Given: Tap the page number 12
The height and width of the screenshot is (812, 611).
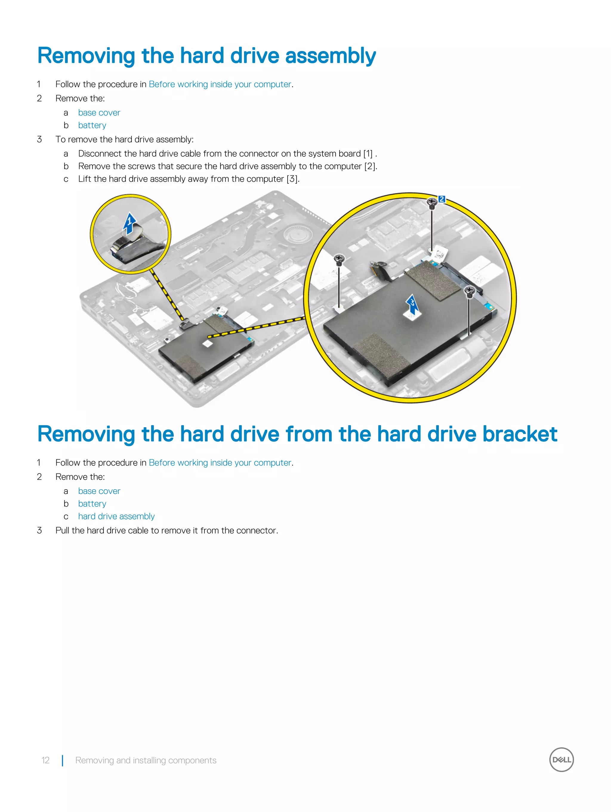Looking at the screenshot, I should pos(45,760).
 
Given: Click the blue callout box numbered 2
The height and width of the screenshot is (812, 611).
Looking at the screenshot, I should pos(442,199).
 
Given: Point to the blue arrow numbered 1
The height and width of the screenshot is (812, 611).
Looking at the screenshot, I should pos(129,223).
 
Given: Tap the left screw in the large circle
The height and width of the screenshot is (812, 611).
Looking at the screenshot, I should pos(339,260).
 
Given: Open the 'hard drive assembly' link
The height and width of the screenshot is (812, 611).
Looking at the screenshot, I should pos(116,516).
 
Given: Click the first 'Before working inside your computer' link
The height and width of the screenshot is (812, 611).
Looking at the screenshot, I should pos(220,84).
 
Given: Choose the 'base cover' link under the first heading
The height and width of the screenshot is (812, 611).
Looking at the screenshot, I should pos(99,113).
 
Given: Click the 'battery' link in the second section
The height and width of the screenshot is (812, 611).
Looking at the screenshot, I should pos(92,504).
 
